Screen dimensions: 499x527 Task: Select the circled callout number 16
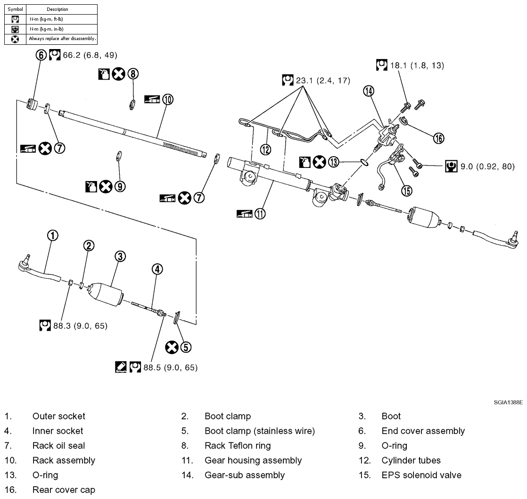coord(438,138)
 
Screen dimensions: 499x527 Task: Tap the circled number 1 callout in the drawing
coord(53,235)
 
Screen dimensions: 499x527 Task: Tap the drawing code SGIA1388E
coord(509,402)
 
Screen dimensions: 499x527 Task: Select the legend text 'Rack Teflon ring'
coord(238,446)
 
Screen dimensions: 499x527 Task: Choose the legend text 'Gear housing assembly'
coord(253,460)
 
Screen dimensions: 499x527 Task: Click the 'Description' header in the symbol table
coord(58,9)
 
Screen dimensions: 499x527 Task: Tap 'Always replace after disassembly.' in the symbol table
coord(62,39)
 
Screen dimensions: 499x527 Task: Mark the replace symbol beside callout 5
coord(172,348)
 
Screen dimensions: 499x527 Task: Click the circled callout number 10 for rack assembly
coord(168,99)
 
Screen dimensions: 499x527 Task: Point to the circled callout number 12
coord(265,150)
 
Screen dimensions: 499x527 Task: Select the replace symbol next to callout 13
coord(320,162)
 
